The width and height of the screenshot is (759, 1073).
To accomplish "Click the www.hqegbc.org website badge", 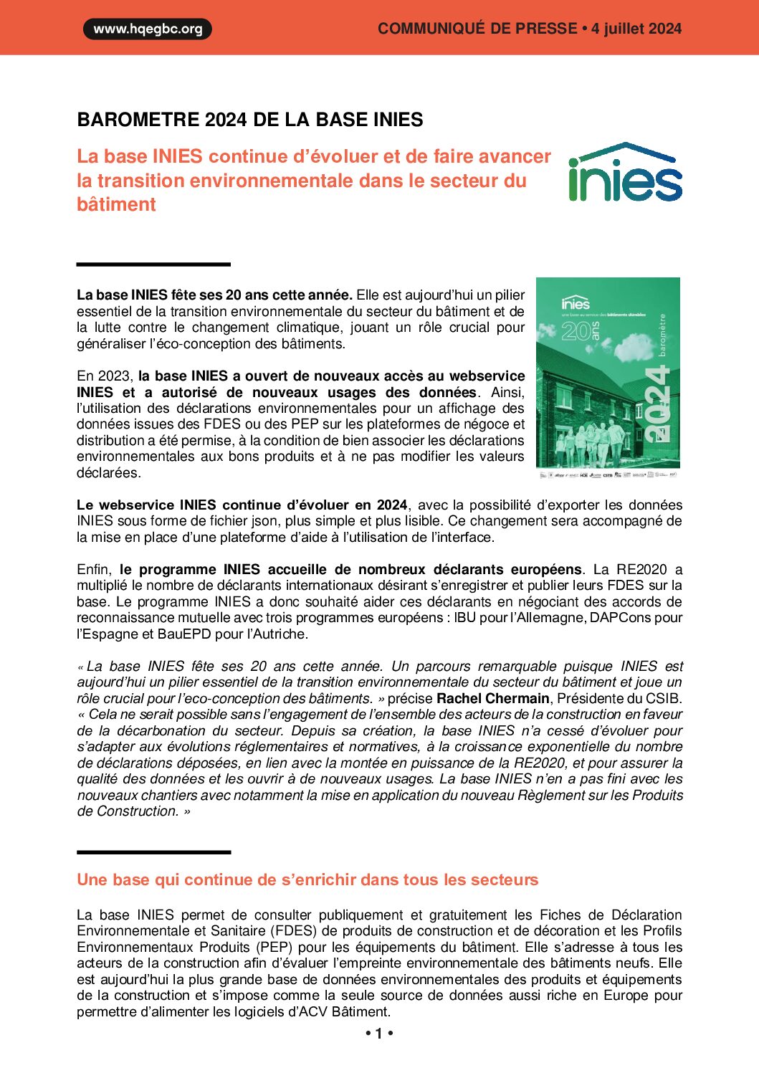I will pos(148,29).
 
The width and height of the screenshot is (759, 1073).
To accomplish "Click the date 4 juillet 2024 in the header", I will pos(636,29).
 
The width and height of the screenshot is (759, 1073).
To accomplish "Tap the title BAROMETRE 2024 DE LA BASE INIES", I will pos(250,120).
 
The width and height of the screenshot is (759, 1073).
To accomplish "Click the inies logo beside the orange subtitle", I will pos(625,173).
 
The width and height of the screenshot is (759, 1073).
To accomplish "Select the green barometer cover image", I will pos(608,373).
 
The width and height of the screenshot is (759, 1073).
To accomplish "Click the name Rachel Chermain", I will pos(493,698).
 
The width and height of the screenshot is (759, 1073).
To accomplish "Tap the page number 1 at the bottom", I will pos(379,1034).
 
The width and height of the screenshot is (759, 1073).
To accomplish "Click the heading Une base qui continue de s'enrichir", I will pos(307,879).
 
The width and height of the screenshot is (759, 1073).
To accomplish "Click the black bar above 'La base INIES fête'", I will pos(153,264).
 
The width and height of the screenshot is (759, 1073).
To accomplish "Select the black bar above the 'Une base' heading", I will pos(153,852).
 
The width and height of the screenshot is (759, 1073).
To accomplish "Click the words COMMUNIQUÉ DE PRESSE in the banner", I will pos(477,29).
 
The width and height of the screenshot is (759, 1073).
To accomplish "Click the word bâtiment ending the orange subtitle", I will pos(116,204).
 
